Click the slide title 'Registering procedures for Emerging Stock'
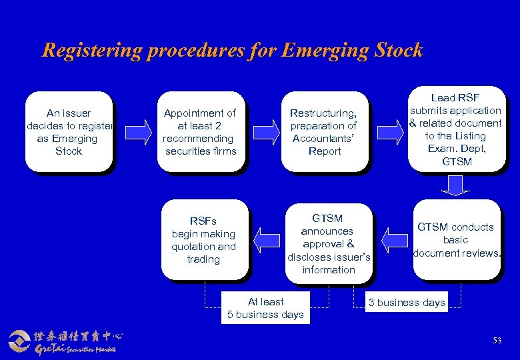click(232, 50)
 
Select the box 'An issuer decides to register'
click(69, 132)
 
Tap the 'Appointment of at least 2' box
click(200, 132)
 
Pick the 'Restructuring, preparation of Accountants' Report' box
click(325, 132)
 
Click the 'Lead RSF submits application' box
click(455, 130)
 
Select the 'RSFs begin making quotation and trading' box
click(203, 239)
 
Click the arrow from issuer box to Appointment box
click(139, 131)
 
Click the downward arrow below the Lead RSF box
click(456, 185)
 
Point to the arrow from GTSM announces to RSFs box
click(267, 240)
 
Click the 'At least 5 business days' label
click(265, 308)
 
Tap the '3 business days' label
click(407, 303)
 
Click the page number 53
click(497, 341)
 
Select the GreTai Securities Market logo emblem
click(20, 340)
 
